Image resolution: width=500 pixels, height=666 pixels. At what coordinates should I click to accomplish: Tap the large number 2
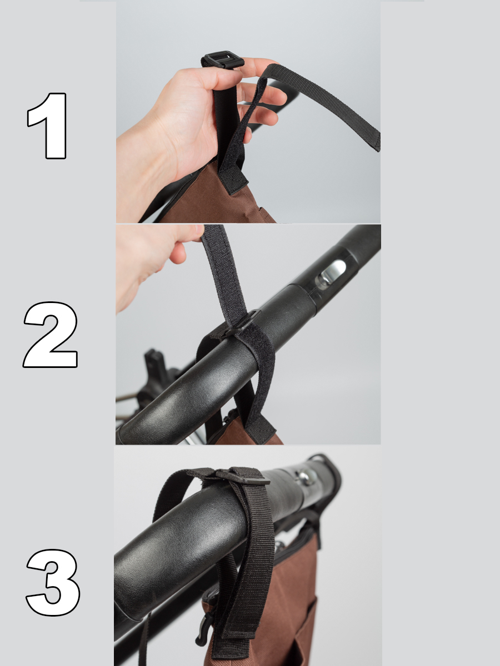tap(51, 335)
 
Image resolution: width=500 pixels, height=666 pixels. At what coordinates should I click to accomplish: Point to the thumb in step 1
tap(213, 78)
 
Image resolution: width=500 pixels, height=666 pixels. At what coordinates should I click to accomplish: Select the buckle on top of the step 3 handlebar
tap(243, 476)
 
